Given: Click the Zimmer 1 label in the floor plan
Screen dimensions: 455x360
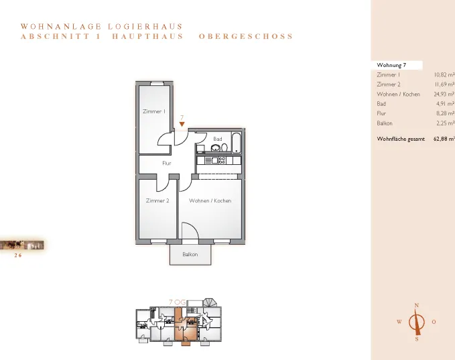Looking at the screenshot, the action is (154, 111).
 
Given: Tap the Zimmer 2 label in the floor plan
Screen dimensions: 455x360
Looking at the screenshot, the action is (157, 200).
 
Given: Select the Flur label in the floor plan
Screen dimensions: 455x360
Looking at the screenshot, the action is (167, 163).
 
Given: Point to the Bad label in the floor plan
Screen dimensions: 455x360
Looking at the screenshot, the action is (218, 139).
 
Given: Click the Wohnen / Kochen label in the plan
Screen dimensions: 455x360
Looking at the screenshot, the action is (210, 200).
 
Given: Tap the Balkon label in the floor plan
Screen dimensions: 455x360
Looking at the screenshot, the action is (190, 254).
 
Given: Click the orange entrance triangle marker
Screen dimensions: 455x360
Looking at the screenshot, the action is (182, 124).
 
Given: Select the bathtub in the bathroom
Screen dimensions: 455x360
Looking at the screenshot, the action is (237, 143).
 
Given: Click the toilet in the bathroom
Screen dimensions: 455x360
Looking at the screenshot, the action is (224, 147).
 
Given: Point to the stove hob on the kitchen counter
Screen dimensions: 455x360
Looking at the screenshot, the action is (222, 160).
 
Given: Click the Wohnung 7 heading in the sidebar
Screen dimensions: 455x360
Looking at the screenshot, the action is (391, 65).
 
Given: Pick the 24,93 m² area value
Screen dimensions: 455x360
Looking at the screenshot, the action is (444, 94).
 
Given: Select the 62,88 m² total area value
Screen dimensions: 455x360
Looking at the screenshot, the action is (444, 139).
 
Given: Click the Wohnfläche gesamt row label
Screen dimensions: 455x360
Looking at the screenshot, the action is (401, 139).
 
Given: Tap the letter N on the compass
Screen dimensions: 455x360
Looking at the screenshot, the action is (417, 306).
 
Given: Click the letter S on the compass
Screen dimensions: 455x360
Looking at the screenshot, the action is (417, 339).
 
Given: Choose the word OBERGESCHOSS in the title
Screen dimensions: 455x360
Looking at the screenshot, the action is (246, 36).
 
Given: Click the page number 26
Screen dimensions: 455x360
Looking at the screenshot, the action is (18, 255).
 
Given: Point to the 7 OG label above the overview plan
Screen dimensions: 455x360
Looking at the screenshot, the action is (177, 302).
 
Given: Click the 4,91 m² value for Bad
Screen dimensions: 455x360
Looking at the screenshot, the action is (446, 104).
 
